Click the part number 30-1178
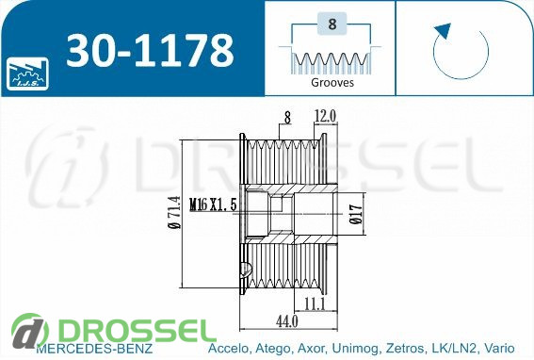click(150, 51)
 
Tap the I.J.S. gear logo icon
click(27, 74)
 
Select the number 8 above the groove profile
click(332, 24)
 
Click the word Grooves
click(332, 82)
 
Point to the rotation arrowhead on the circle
click(443, 31)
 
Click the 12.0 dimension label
click(325, 116)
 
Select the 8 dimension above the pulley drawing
click(288, 118)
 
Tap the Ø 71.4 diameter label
click(174, 212)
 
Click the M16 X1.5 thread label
click(213, 205)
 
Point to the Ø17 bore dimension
click(356, 214)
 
